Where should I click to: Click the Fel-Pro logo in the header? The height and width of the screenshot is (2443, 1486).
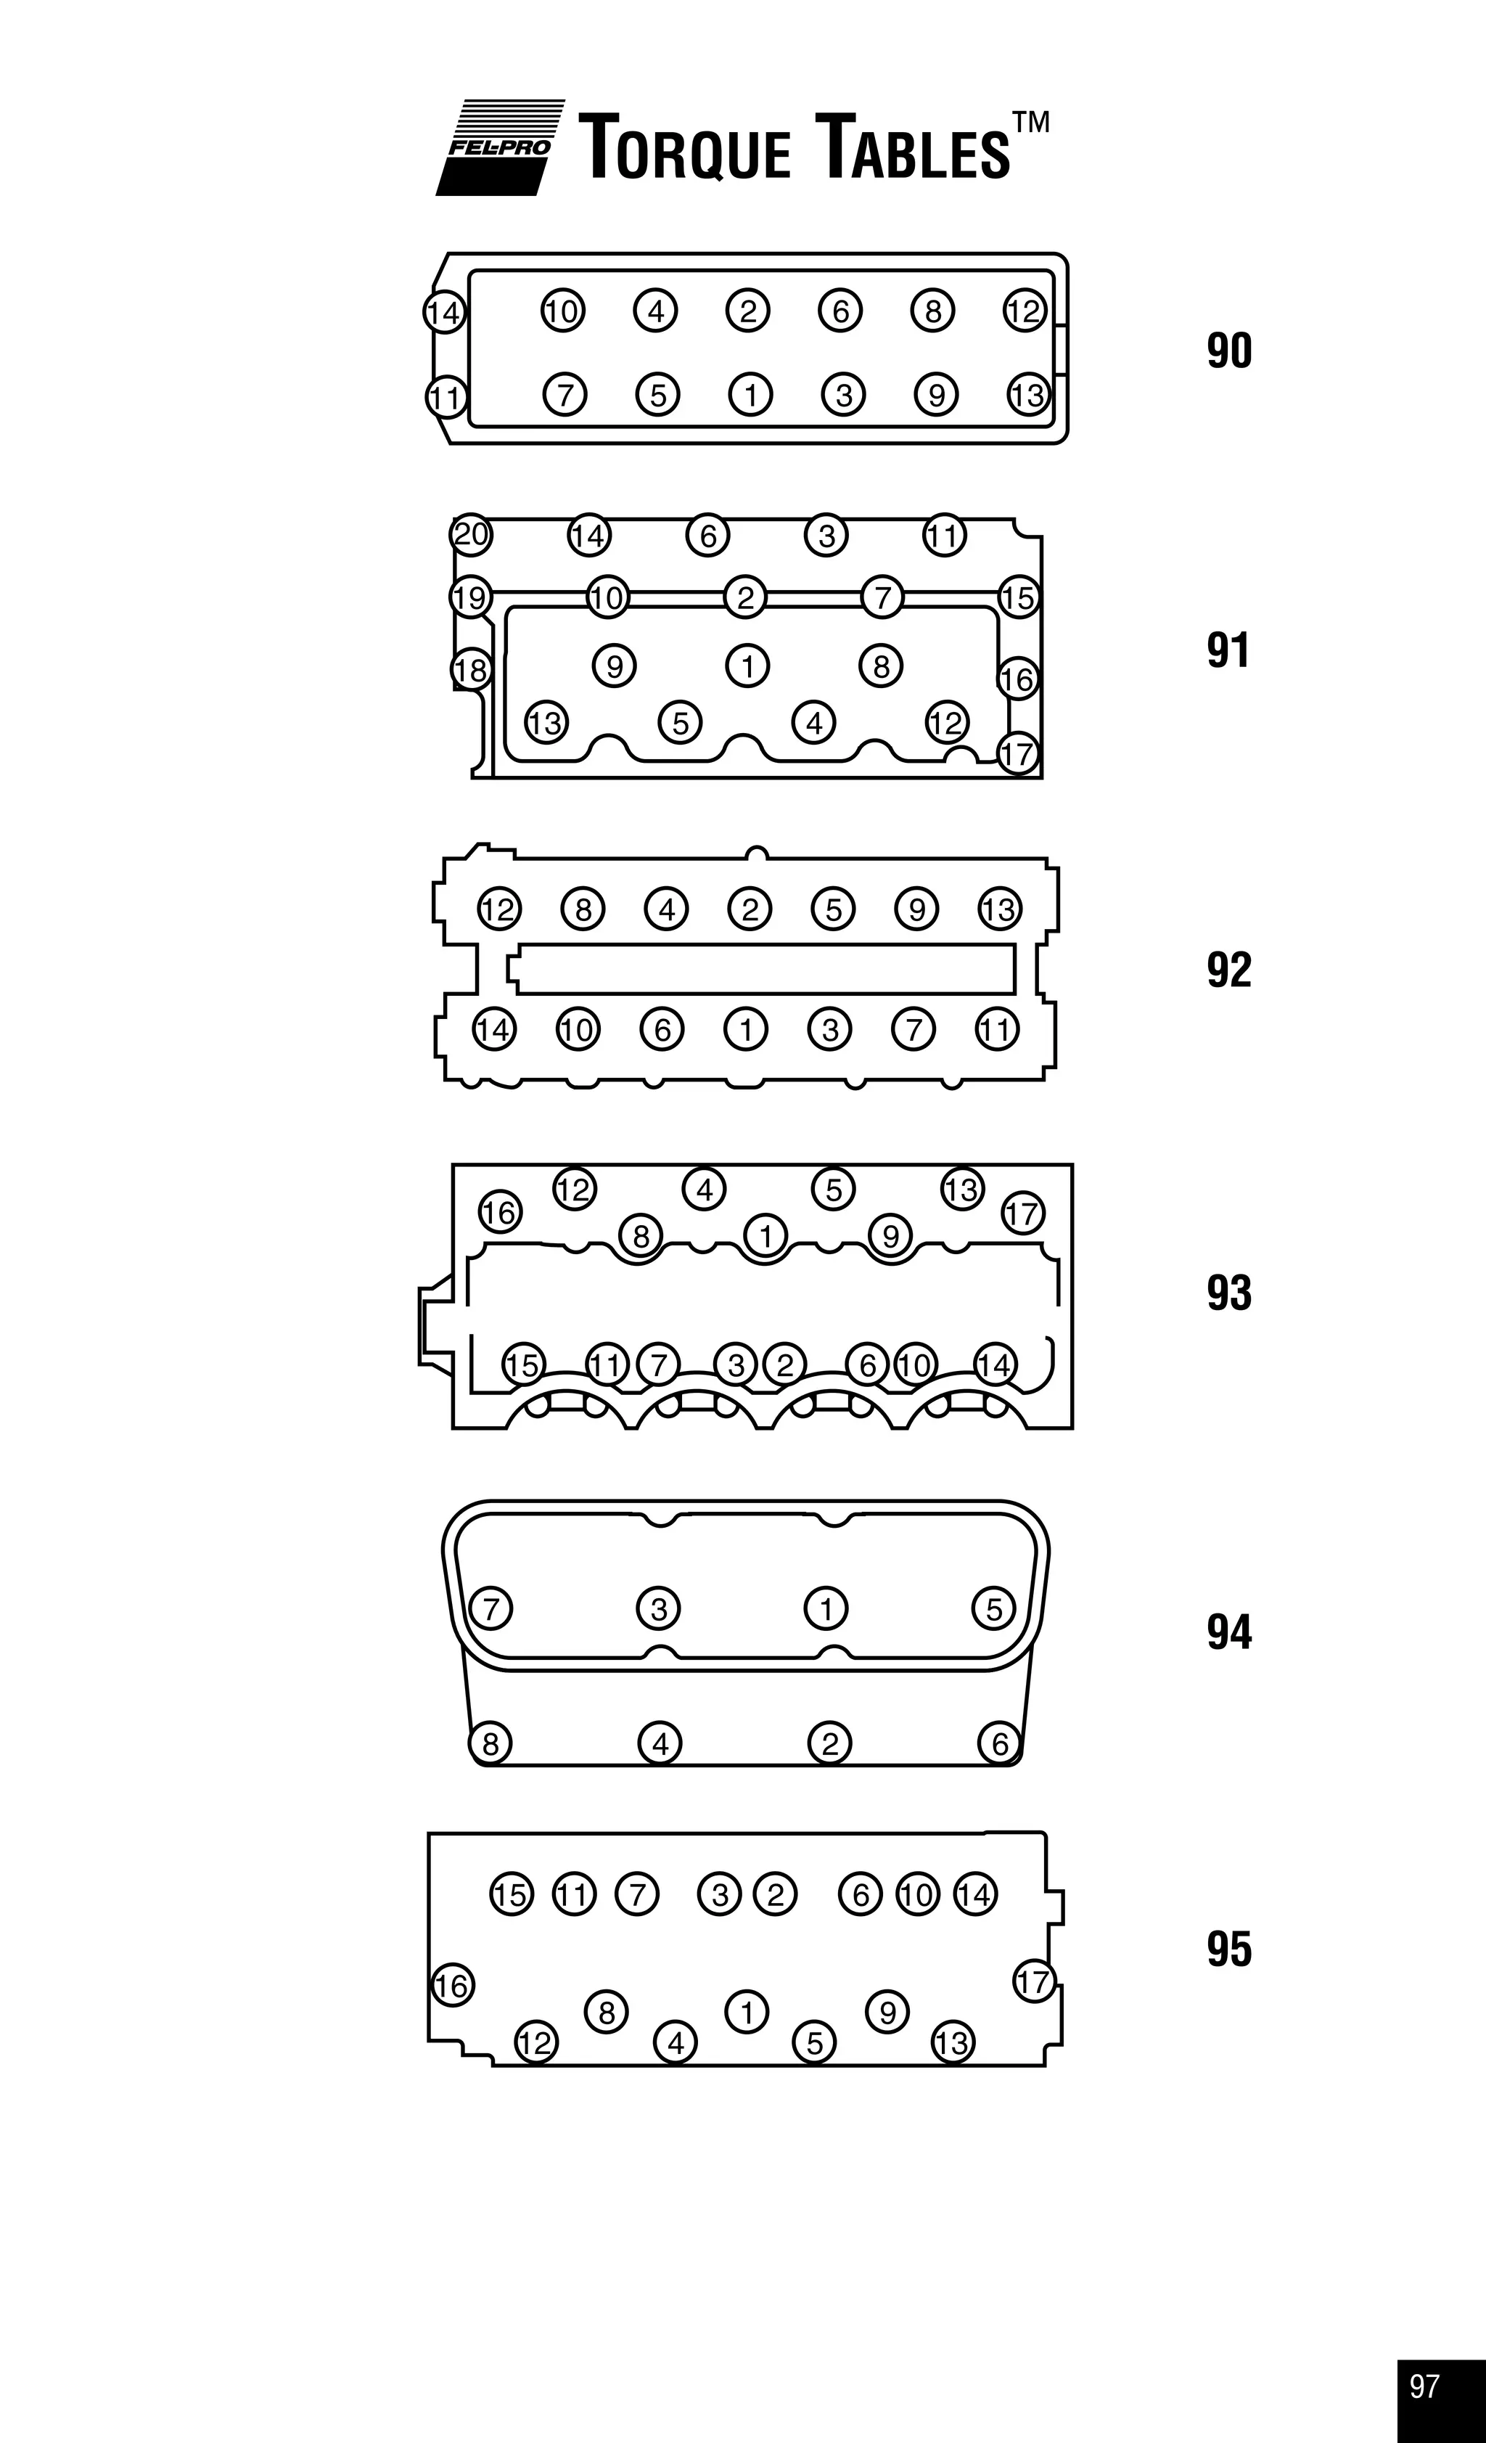(501, 147)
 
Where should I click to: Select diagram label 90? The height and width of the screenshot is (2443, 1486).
(1229, 351)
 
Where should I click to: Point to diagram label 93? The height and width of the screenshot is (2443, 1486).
(1229, 1293)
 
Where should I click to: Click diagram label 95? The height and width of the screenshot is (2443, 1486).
(1229, 1949)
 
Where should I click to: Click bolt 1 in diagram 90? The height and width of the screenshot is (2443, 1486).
(750, 395)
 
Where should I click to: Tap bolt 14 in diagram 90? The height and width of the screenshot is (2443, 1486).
(444, 312)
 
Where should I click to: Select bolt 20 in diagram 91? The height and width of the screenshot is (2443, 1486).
(471, 534)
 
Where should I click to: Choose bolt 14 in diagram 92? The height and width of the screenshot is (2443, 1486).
(493, 1029)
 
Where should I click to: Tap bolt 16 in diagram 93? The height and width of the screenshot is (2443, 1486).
(500, 1211)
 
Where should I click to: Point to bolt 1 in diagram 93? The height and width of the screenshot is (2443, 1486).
(765, 1235)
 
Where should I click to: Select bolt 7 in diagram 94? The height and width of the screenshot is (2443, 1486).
(490, 1607)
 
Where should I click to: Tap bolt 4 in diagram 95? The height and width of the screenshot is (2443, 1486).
(676, 2042)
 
